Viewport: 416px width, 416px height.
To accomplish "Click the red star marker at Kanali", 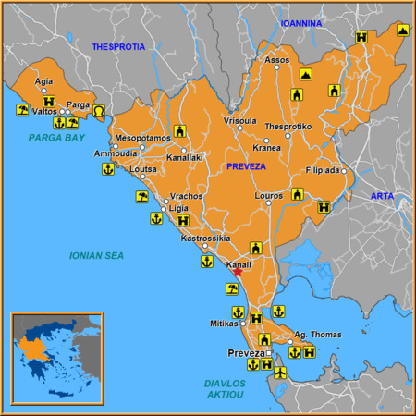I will (238, 272).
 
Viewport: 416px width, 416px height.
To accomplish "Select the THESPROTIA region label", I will (118, 46).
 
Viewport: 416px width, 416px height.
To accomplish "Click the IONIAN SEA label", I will (96, 255).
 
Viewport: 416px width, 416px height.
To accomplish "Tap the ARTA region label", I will (382, 196).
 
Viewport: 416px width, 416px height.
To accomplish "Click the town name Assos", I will (277, 60).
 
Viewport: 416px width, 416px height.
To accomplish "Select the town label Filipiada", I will (324, 171).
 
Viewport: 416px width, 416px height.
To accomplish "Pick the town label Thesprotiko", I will (288, 126).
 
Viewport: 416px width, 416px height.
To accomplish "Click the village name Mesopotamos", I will (142, 138).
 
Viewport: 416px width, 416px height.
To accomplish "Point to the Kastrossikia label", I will (204, 239).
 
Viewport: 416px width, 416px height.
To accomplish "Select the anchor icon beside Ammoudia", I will (107, 169).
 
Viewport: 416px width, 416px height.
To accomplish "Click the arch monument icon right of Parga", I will (99, 111).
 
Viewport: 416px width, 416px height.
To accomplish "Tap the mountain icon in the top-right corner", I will (403, 31).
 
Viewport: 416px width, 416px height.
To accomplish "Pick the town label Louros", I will (269, 197).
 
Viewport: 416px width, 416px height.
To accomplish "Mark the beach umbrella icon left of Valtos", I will (20, 110).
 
